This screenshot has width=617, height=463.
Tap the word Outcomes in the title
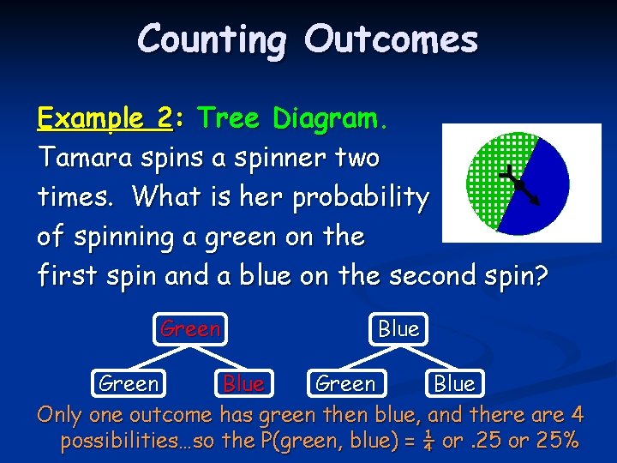point(392,39)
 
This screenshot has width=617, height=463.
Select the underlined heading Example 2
point(105,117)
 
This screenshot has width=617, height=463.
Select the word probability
point(360,198)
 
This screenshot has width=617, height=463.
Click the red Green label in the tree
point(191,328)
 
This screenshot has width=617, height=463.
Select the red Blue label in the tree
point(243,384)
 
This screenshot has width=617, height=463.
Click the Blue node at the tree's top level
point(398,328)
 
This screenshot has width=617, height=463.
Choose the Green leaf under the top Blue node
point(345,383)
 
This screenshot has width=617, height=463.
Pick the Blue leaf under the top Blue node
point(454,383)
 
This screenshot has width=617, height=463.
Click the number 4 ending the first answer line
point(577,416)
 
